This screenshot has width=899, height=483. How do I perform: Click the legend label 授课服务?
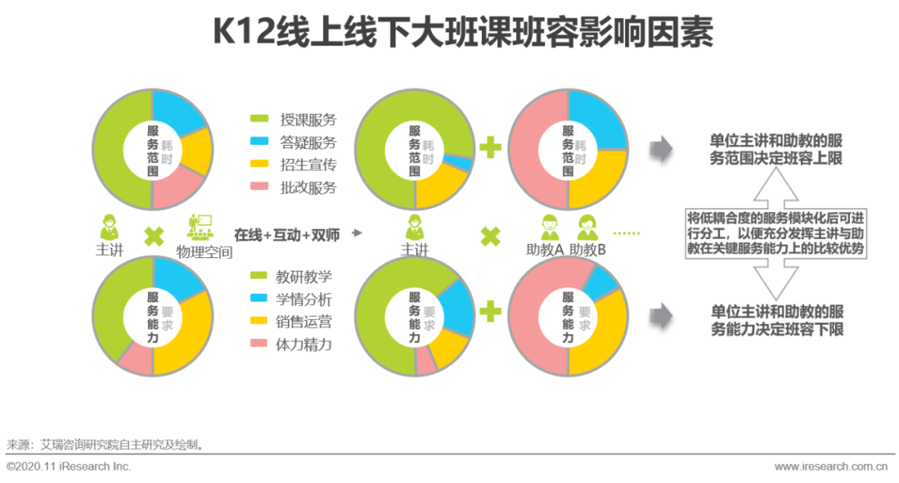(x=308, y=121)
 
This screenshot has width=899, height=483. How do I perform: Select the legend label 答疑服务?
(x=308, y=142)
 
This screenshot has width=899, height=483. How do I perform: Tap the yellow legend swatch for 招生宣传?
(x=259, y=165)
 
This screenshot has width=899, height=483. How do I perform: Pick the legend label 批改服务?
(x=308, y=187)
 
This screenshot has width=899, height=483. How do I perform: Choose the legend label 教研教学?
(x=303, y=276)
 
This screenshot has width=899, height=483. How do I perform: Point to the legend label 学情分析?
(x=303, y=299)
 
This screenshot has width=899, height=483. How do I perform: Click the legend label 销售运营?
(x=303, y=321)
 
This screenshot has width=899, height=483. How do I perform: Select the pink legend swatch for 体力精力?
(x=259, y=344)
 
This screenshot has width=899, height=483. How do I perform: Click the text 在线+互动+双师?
(x=286, y=234)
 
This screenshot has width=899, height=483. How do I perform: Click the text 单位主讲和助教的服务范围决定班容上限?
(x=776, y=149)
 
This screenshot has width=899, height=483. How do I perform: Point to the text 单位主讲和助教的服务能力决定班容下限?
(x=776, y=321)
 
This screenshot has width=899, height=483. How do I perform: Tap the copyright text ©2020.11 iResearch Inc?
(x=69, y=467)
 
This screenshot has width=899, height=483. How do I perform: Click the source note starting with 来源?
(x=105, y=445)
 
